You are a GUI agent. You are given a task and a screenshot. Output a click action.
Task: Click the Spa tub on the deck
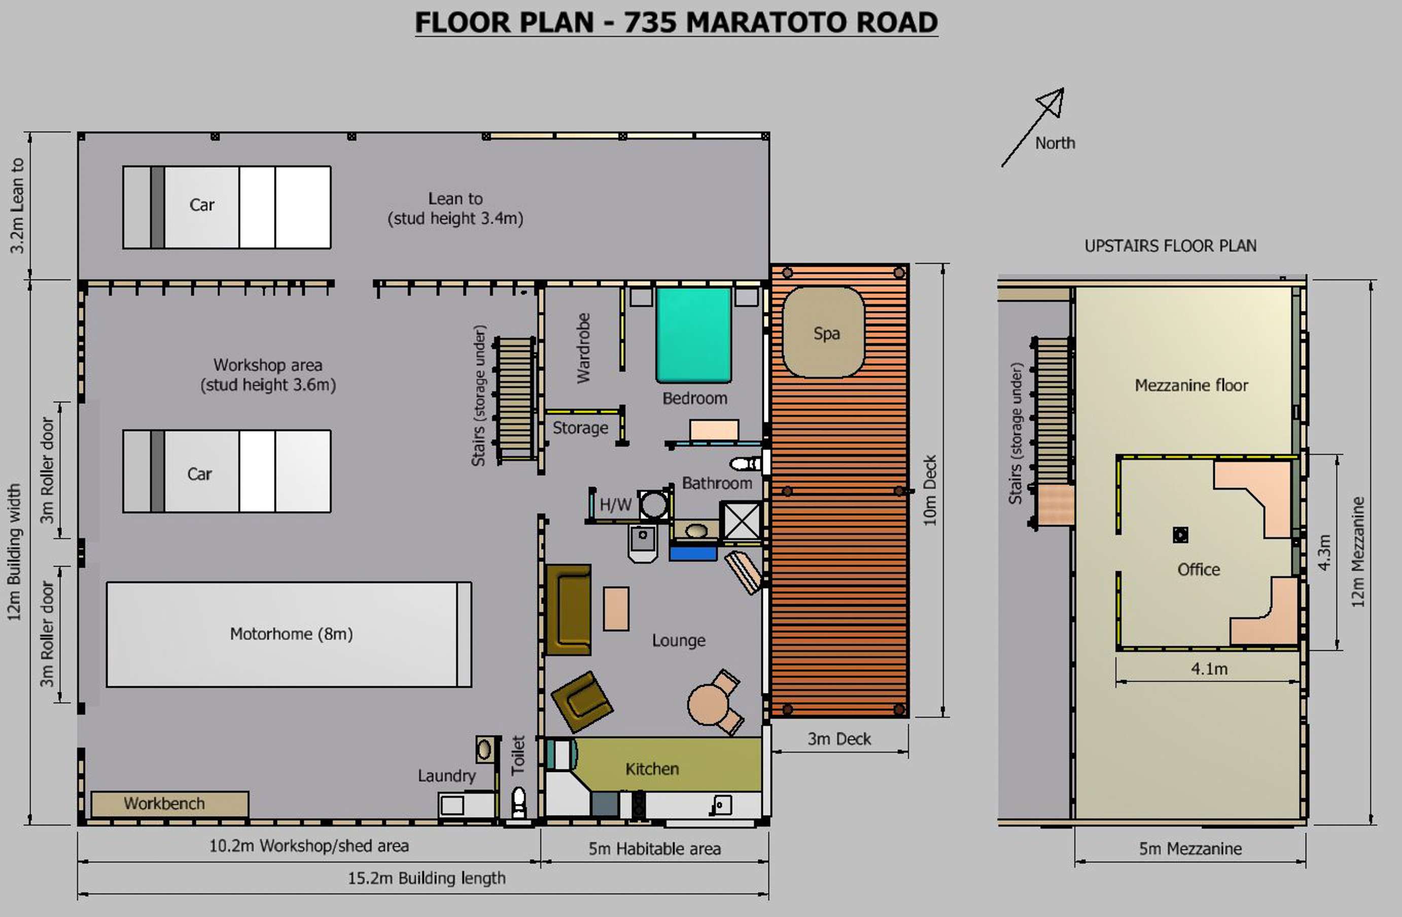click(x=824, y=332)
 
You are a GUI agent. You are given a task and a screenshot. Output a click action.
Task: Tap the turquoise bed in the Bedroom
click(x=694, y=335)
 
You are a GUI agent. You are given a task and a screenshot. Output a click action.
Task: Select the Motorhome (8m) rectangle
click(x=289, y=634)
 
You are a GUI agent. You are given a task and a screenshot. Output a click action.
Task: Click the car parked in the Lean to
click(x=227, y=207)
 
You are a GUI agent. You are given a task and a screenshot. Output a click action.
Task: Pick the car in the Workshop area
click(x=227, y=471)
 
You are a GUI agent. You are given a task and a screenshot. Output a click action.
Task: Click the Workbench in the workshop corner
click(x=169, y=804)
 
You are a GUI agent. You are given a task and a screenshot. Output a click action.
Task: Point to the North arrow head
click(x=1053, y=101)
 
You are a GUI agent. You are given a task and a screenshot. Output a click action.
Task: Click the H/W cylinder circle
click(x=654, y=505)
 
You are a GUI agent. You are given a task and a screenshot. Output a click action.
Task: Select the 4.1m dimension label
click(x=1209, y=668)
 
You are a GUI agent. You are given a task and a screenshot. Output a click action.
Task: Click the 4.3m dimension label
click(x=1324, y=552)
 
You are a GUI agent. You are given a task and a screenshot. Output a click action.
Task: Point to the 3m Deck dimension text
click(x=839, y=738)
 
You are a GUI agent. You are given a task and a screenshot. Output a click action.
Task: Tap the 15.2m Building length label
click(x=427, y=878)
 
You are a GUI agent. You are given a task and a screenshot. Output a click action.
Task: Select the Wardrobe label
click(x=583, y=348)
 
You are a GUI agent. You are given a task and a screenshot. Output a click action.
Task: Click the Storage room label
click(x=580, y=428)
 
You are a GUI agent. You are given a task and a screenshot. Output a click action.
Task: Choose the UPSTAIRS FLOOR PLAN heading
click(x=1171, y=245)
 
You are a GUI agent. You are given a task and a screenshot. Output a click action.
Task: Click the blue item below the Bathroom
click(x=693, y=552)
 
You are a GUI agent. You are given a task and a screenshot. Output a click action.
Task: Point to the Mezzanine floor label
click(x=1191, y=385)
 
